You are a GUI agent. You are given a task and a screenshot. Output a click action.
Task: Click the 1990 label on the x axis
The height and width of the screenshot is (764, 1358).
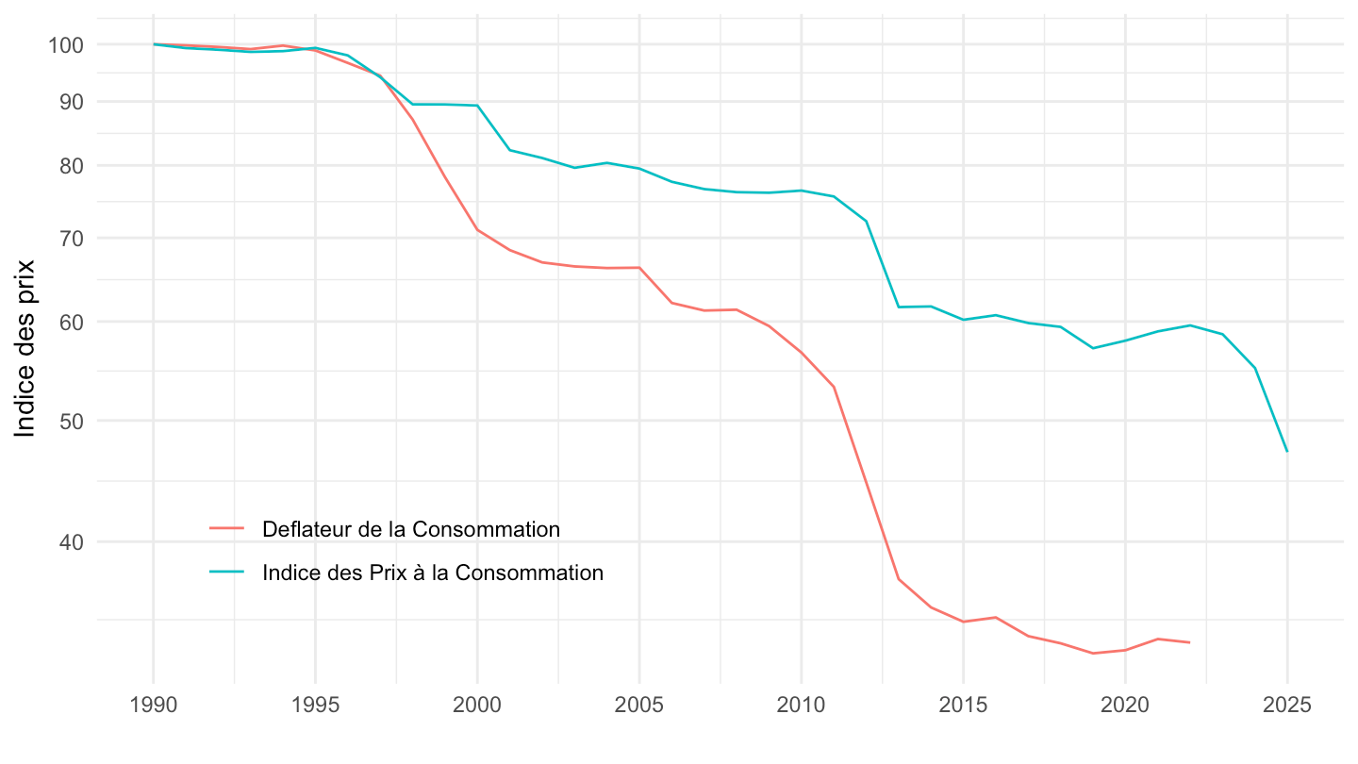(153, 706)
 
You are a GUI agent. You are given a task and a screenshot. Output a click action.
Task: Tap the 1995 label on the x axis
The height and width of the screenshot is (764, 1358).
(315, 706)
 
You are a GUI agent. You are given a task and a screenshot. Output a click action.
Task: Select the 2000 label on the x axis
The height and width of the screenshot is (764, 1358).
(477, 706)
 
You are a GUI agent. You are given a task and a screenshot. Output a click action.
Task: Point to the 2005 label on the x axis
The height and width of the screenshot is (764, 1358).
(639, 706)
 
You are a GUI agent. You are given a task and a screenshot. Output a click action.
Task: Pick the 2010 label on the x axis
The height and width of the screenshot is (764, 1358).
(802, 706)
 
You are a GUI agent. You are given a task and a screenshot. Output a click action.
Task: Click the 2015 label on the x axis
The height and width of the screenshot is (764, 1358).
(963, 706)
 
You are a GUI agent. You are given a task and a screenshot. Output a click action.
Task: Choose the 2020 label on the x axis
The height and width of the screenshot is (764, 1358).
(1125, 706)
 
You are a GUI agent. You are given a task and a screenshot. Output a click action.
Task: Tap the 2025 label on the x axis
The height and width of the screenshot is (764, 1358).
(1287, 706)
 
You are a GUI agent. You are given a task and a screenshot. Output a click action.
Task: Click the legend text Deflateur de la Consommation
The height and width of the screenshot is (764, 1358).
(411, 529)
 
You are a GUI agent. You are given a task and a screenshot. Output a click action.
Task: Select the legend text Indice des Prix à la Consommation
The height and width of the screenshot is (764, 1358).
(433, 573)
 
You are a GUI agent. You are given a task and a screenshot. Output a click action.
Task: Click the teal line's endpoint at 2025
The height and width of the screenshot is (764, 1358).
(1287, 451)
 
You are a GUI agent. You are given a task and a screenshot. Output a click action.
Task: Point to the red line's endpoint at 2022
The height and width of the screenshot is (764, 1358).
(1190, 642)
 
